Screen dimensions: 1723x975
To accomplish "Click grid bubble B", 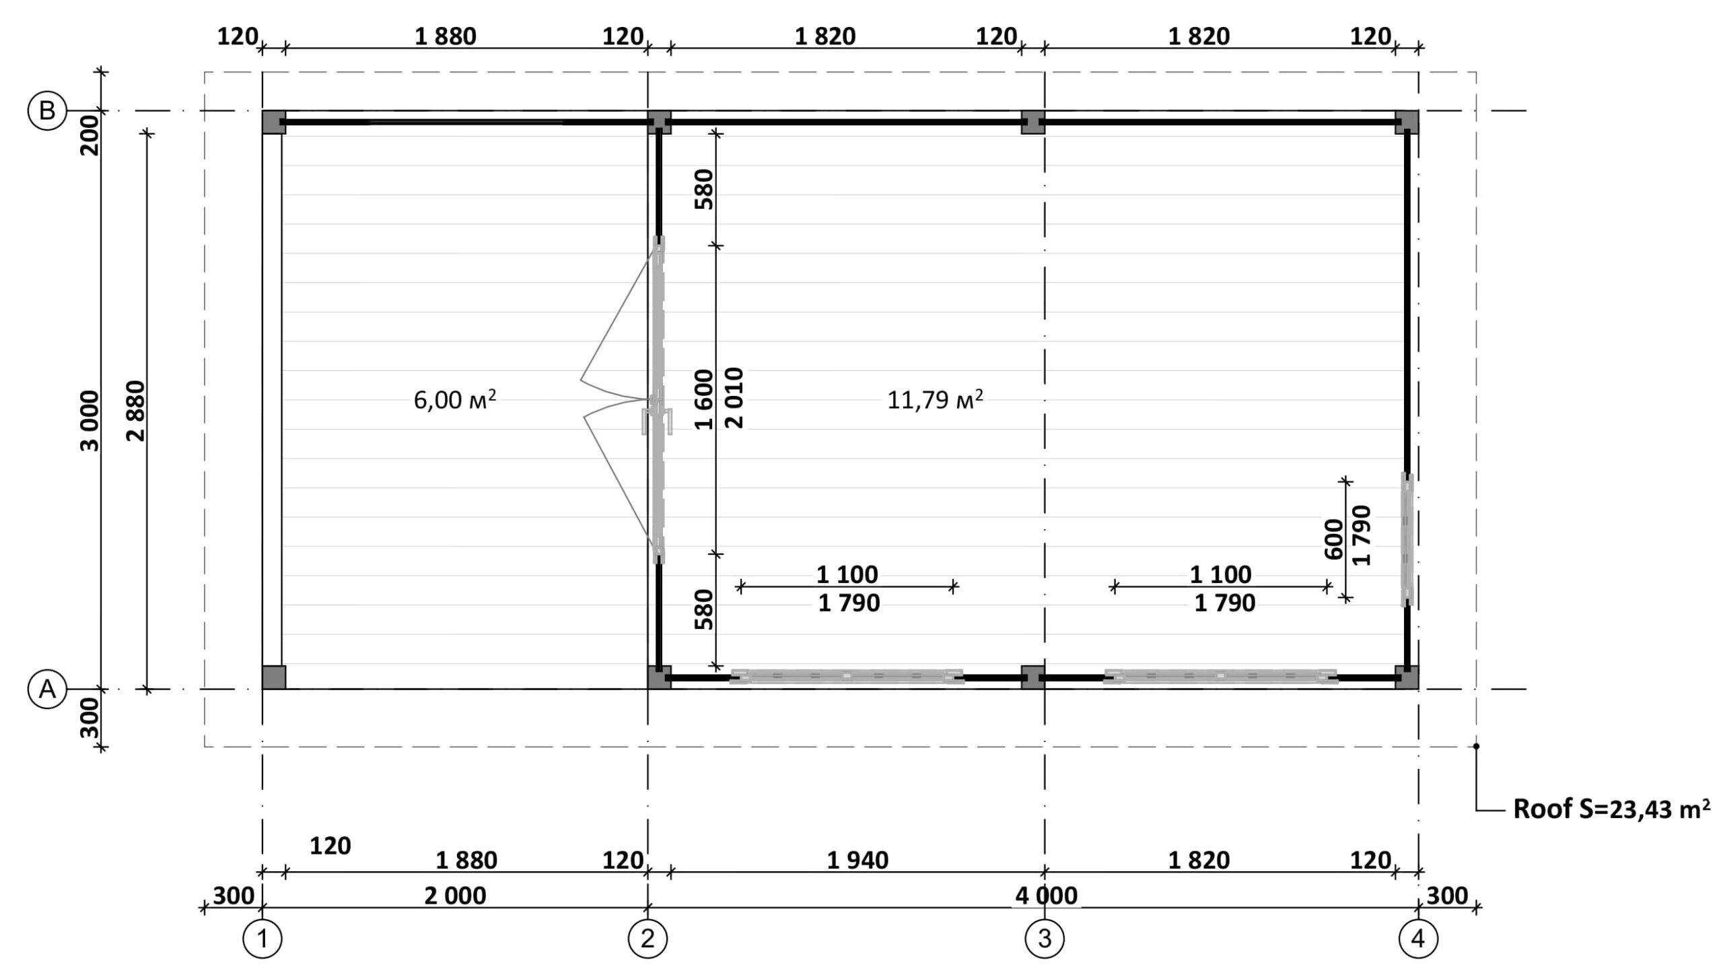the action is click(x=47, y=110).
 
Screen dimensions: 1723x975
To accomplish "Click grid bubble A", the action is click(x=47, y=689).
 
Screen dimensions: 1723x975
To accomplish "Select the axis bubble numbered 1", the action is click(x=262, y=939).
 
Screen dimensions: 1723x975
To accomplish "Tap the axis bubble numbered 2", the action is click(x=647, y=939).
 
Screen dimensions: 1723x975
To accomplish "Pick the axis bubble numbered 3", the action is click(x=1045, y=939).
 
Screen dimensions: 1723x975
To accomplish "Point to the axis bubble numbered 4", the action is click(x=1418, y=939).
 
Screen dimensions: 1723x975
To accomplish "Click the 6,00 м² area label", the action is click(x=455, y=399).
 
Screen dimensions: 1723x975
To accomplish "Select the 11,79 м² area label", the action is click(x=935, y=399).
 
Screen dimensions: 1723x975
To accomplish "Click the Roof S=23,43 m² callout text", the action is click(x=1612, y=809).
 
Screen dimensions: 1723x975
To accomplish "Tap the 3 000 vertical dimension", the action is click(x=90, y=421).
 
